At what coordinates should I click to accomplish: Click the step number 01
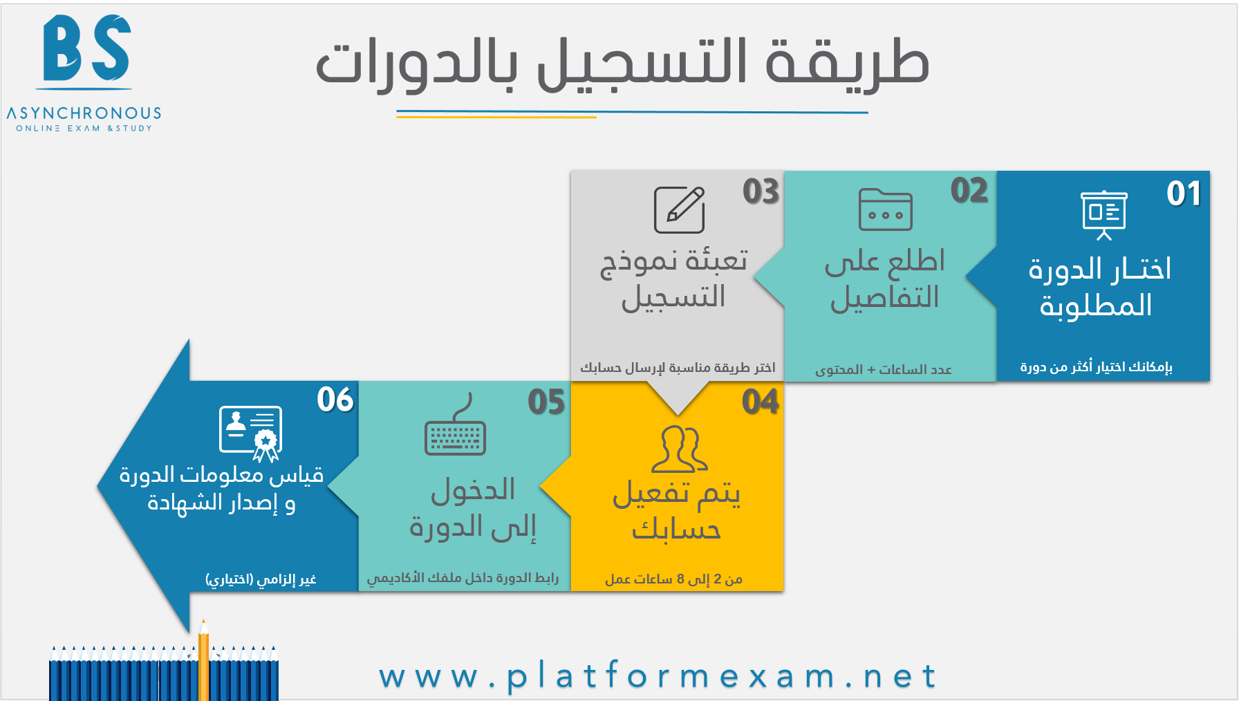pos(1184,193)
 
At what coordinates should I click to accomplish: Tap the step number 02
pos(969,190)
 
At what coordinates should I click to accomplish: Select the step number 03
pos(761,191)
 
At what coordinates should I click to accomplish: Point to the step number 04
pos(760,402)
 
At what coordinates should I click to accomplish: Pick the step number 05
pos(546,402)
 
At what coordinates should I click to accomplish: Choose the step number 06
pos(335,400)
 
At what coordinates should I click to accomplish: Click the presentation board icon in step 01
pos(1104,215)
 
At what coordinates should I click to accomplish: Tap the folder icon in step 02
pos(886,209)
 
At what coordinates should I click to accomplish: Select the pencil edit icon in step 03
pos(680,209)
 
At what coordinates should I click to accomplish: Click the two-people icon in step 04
pos(680,449)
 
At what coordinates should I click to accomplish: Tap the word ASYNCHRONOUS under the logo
pos(84,113)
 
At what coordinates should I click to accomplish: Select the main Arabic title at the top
pos(622,64)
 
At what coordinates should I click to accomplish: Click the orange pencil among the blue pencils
pos(203,660)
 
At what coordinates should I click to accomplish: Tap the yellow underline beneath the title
pos(496,117)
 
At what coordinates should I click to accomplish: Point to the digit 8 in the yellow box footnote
pos(680,579)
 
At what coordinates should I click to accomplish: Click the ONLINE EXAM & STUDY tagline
pos(84,129)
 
